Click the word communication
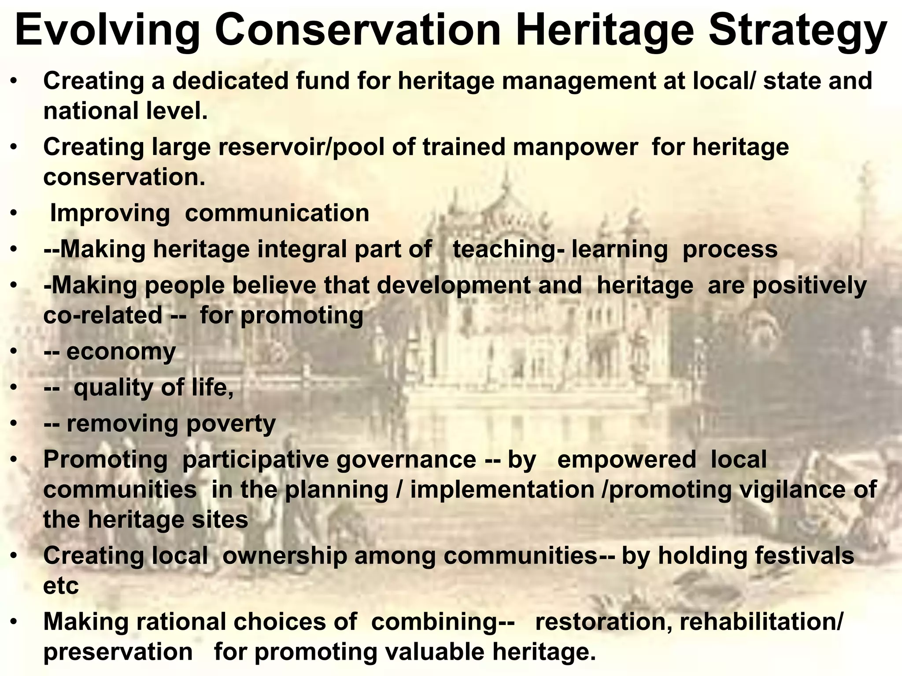[x=277, y=213]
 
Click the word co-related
[x=103, y=316]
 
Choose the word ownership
[x=285, y=556]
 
